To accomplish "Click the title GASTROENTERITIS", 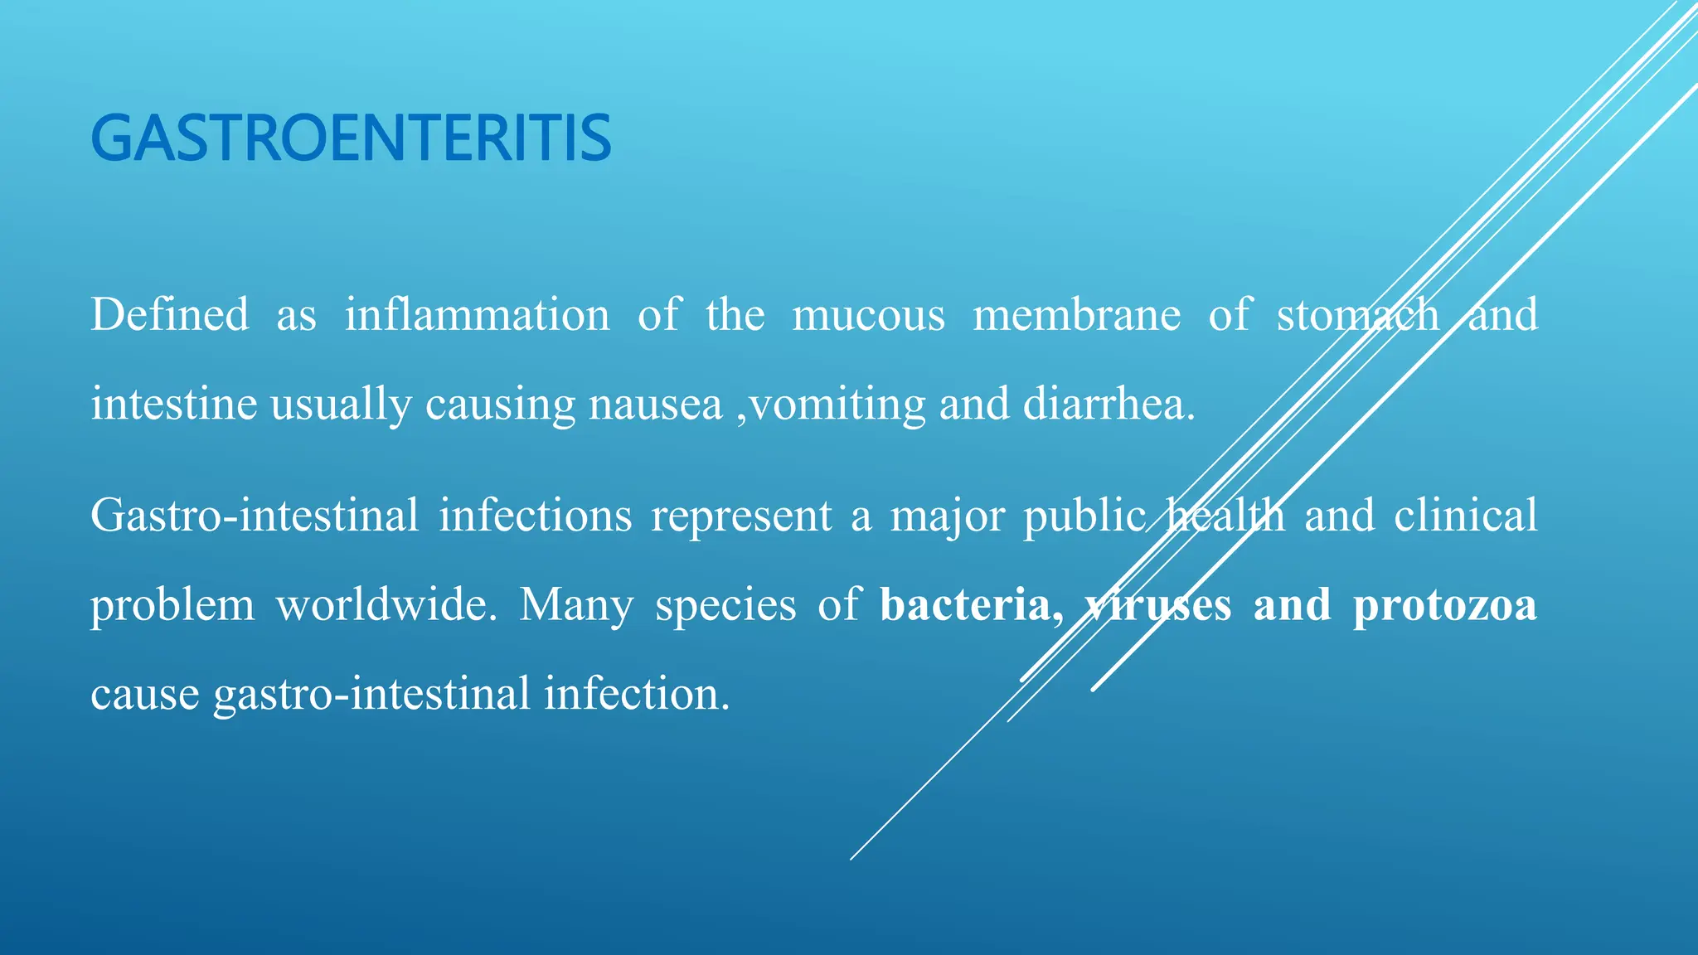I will click(x=351, y=138).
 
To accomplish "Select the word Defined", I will click(x=169, y=315).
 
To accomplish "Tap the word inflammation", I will click(x=477, y=315).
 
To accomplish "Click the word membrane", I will click(x=1076, y=315).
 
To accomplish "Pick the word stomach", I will click(x=1357, y=315).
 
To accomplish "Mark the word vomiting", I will click(x=837, y=405).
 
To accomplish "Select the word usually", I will click(x=341, y=405).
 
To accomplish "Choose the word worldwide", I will click(x=386, y=604).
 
